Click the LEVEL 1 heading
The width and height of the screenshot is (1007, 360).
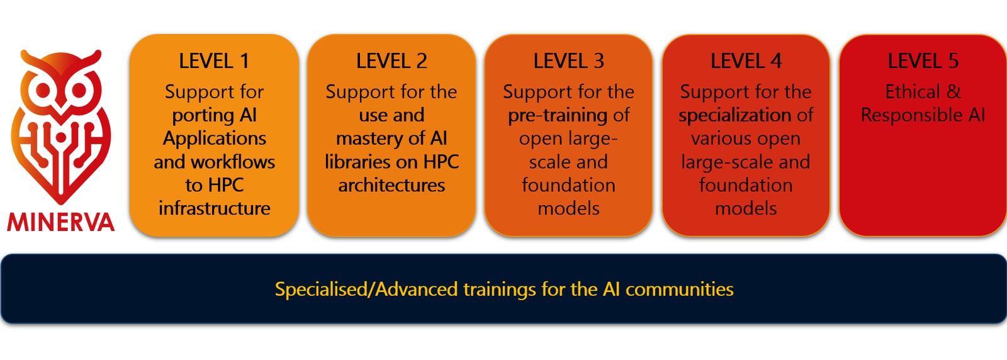[x=214, y=61]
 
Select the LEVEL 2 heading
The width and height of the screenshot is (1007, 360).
[x=391, y=61]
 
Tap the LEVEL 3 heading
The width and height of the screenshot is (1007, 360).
[x=569, y=61]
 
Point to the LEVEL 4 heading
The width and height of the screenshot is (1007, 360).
[x=746, y=61]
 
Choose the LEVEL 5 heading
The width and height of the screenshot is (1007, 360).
[x=923, y=61]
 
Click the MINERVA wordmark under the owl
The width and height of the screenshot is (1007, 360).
[x=60, y=222]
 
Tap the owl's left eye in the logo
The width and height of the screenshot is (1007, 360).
[x=43, y=91]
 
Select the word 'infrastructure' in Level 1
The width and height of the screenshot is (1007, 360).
[x=215, y=208]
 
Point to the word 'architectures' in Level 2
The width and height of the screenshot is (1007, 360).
[x=391, y=185]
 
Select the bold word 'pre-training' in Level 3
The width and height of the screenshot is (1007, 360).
[x=558, y=116]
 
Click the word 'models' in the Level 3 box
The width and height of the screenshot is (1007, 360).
[x=569, y=208]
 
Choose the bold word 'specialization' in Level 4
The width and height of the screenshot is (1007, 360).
[x=735, y=116]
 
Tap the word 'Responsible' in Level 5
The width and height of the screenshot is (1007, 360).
[x=911, y=116]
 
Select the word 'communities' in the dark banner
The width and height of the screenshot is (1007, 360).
[x=680, y=290]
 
